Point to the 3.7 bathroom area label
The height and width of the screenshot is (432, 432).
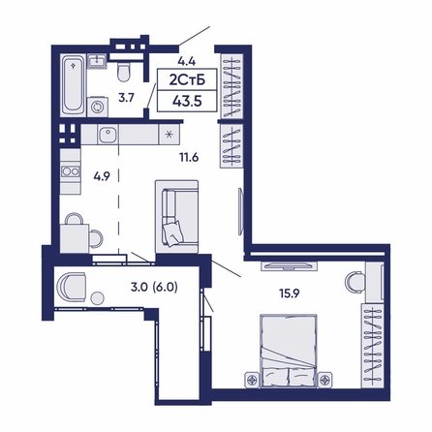(126, 97)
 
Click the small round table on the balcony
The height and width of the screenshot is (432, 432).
(100, 299)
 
